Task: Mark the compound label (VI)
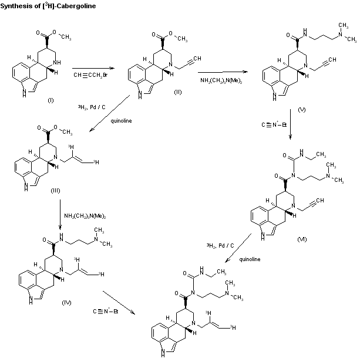[x=302, y=239]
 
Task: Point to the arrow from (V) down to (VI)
[x=290, y=125]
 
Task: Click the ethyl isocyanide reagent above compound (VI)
[x=274, y=124]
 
